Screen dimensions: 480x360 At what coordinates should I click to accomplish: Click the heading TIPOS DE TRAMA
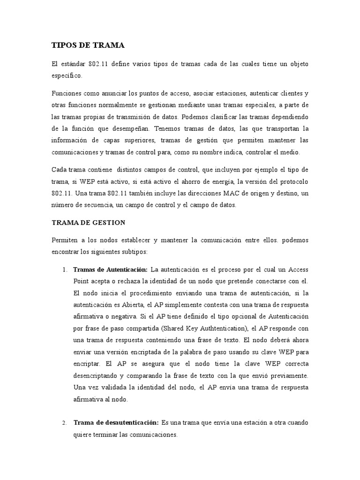(x=88, y=45)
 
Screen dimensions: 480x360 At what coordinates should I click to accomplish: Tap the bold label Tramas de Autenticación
(x=111, y=270)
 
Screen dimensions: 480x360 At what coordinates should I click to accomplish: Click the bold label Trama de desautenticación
(x=116, y=423)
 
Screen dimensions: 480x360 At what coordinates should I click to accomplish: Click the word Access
(x=298, y=270)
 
